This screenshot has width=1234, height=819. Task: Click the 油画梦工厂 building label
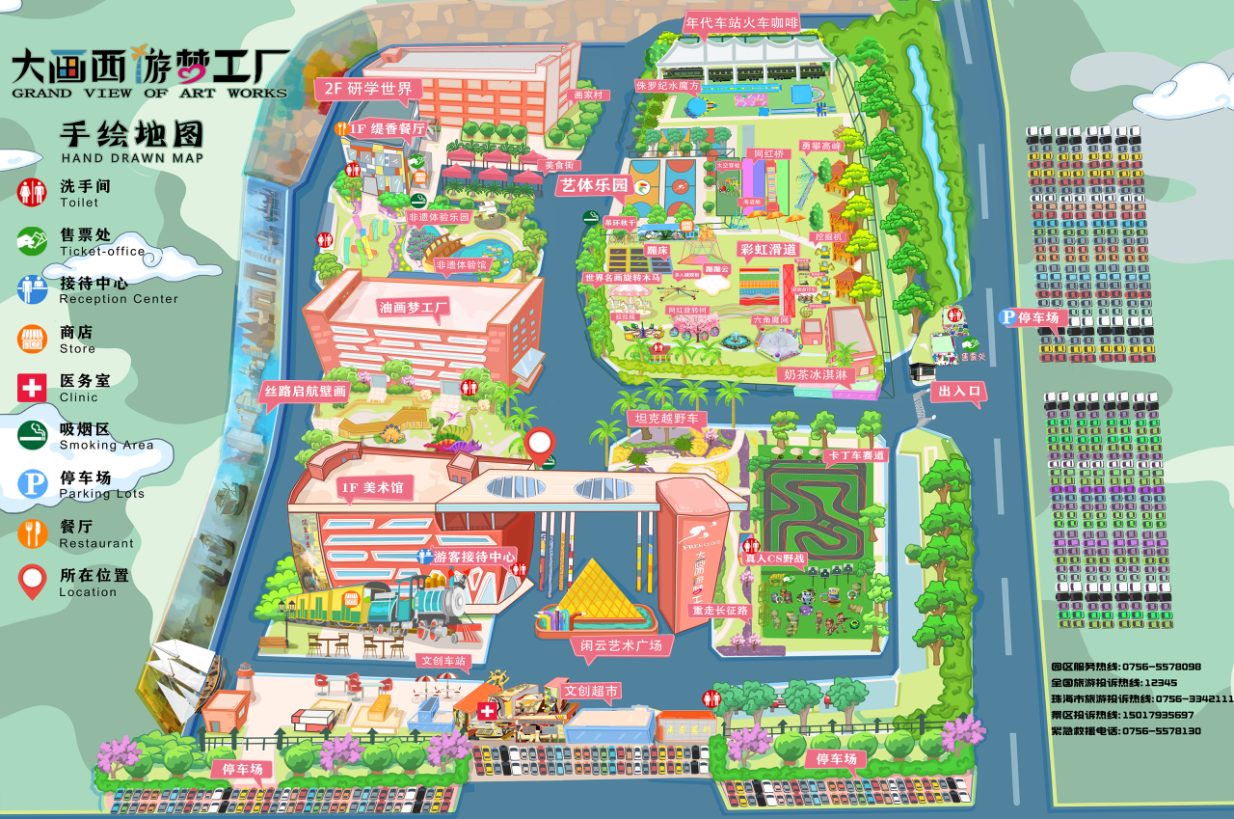tap(415, 309)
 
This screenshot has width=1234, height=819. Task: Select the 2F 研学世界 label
tap(367, 89)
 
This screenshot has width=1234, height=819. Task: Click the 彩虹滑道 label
tap(768, 249)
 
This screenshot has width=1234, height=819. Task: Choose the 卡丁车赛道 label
tap(855, 454)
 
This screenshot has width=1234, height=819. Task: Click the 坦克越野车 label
tap(667, 419)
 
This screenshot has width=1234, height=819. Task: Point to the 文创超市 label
tap(592, 691)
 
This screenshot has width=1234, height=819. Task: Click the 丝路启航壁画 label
tap(305, 392)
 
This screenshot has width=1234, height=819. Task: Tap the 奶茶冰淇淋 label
tap(816, 373)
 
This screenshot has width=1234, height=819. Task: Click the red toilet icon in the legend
tap(32, 191)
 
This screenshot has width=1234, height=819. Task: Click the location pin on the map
tap(540, 444)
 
